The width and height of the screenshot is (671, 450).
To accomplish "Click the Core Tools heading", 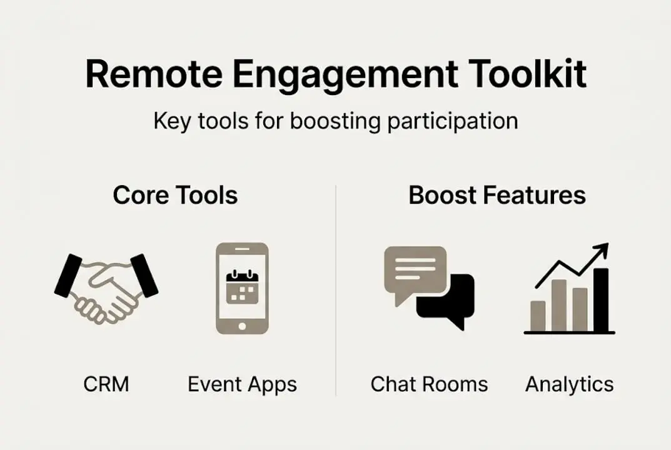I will click(175, 196).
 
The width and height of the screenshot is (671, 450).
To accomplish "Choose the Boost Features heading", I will click(497, 196).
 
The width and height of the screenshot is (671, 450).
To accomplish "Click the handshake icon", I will click(106, 287).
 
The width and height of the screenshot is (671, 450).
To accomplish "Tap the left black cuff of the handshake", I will click(69, 275).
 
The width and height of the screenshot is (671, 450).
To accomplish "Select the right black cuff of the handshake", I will click(144, 275).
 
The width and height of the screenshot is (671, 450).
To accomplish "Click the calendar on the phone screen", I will click(242, 287).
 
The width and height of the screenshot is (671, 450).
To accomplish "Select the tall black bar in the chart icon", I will click(600, 300).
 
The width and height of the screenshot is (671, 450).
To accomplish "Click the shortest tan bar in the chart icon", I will click(538, 316).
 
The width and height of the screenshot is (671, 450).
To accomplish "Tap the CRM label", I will click(106, 384).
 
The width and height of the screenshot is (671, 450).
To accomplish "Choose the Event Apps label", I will click(242, 384).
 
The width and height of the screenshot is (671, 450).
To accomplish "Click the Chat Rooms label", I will click(429, 384).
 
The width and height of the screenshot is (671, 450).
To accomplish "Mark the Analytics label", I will click(569, 384).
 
